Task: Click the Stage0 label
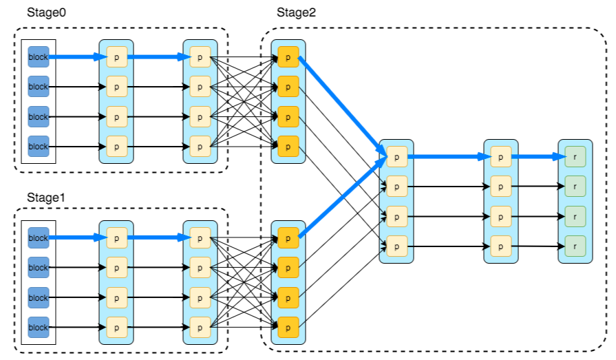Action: click(45, 12)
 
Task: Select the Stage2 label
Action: click(296, 12)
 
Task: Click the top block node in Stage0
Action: click(39, 56)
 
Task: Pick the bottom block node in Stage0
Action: click(39, 147)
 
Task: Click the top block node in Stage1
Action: click(39, 237)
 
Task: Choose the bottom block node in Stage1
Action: click(39, 328)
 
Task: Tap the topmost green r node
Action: click(575, 156)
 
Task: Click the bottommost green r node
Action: click(575, 245)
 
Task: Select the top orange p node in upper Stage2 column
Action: click(288, 56)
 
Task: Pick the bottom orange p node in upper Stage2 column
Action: click(288, 146)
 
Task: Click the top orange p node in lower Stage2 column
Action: click(288, 237)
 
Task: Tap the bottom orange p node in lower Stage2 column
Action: click(288, 327)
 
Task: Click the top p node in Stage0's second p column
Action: click(200, 56)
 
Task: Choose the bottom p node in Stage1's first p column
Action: click(116, 328)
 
